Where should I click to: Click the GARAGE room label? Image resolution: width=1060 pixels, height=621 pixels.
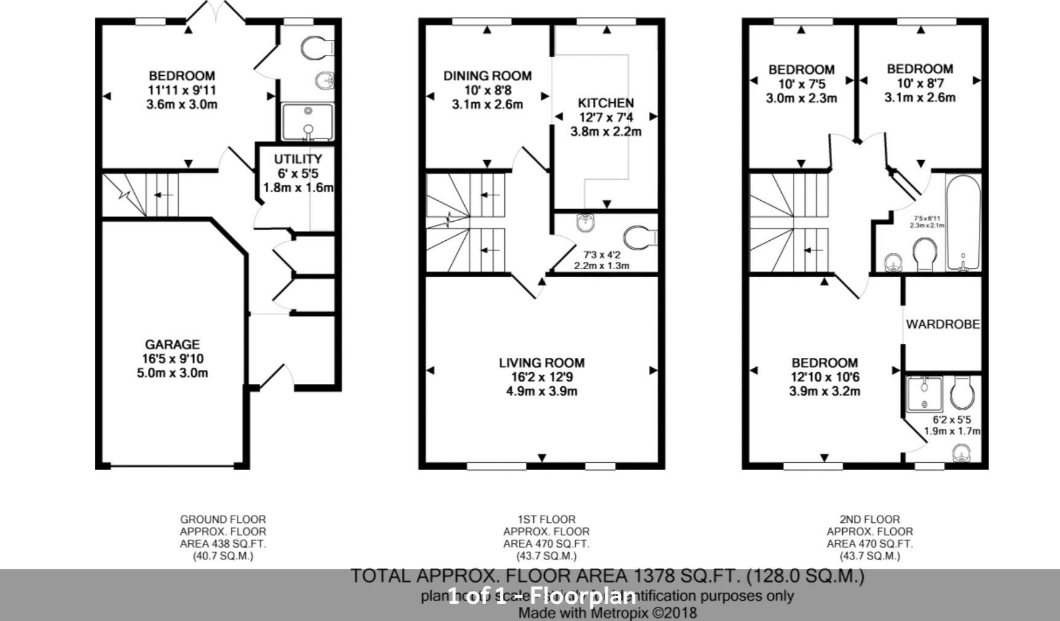[x=172, y=344]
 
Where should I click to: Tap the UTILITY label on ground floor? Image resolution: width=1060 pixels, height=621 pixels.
[x=298, y=159]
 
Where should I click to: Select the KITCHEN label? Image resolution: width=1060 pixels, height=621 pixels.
[x=606, y=103]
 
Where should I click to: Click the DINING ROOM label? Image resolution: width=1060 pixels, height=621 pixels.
[x=488, y=76]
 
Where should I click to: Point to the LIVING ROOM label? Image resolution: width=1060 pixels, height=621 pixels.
[x=542, y=363]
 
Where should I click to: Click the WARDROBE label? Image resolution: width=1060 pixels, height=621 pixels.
[x=942, y=324]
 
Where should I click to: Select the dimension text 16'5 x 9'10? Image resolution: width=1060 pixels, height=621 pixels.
[x=172, y=359]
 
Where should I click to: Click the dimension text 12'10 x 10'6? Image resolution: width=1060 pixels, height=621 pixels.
[x=825, y=377]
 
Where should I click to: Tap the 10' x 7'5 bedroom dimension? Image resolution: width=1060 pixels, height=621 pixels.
[x=801, y=84]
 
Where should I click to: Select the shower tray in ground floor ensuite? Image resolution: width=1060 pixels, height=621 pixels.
[x=308, y=123]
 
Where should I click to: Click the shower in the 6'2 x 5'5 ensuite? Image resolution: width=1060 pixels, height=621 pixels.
[x=925, y=394]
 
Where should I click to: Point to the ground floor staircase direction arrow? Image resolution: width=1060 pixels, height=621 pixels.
[x=163, y=195]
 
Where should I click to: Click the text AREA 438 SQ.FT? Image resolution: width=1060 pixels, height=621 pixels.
[x=223, y=544]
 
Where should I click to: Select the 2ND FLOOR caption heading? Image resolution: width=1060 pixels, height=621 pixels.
[x=869, y=519]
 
